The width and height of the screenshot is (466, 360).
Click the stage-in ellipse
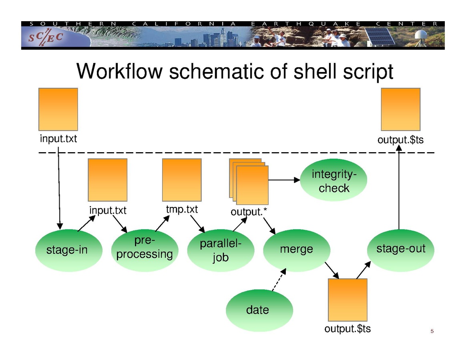pyautogui.click(x=68, y=251)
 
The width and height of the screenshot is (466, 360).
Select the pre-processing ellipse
pyautogui.click(x=145, y=251)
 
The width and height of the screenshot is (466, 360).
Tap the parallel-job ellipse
pyautogui.click(x=221, y=251)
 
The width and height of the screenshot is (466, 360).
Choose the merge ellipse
pyautogui.click(x=296, y=250)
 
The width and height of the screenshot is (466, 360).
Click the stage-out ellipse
pyautogui.click(x=400, y=250)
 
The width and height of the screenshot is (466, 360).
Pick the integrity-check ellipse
pyautogui.click(x=333, y=181)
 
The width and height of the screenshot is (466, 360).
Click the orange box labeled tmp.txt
pyautogui.click(x=181, y=180)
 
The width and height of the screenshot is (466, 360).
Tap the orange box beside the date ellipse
pyautogui.click(x=347, y=300)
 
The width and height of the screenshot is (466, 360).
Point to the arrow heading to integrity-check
pyautogui.click(x=284, y=180)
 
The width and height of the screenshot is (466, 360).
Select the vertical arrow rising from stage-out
pyautogui.click(x=399, y=188)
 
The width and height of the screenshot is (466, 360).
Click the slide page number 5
pyautogui.click(x=432, y=331)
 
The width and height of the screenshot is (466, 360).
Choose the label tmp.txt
pyautogui.click(x=182, y=209)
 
